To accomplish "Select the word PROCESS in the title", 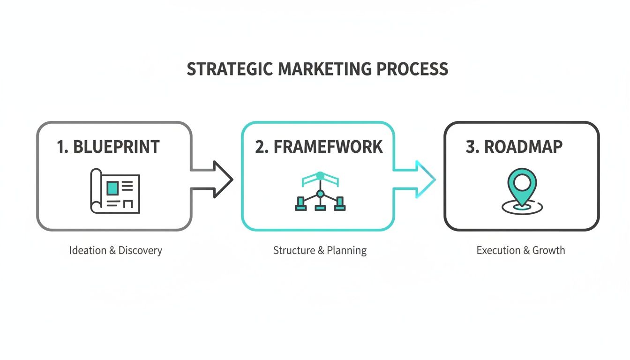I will [412, 69].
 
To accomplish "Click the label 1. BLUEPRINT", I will [108, 147].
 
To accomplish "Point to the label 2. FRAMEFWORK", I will [319, 147].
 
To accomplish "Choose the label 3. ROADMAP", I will [514, 147].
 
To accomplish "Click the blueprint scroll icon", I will [115, 191].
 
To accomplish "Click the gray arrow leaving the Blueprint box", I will [213, 180].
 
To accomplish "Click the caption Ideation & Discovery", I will [115, 250].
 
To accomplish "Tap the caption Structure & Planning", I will [320, 250].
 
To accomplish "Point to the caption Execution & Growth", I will [520, 250].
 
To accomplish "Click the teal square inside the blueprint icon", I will [112, 188].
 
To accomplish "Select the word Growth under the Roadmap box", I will [548, 250].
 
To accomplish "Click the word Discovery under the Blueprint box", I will [140, 250].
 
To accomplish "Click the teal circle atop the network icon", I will [320, 175].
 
